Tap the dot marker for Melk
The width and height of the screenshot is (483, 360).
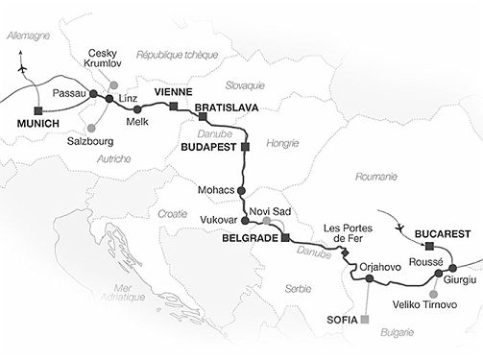[139, 108]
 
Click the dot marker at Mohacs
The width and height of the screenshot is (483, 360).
[241, 190]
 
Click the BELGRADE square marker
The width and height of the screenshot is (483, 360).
[284, 238]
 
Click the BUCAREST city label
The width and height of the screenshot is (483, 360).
[443, 233]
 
